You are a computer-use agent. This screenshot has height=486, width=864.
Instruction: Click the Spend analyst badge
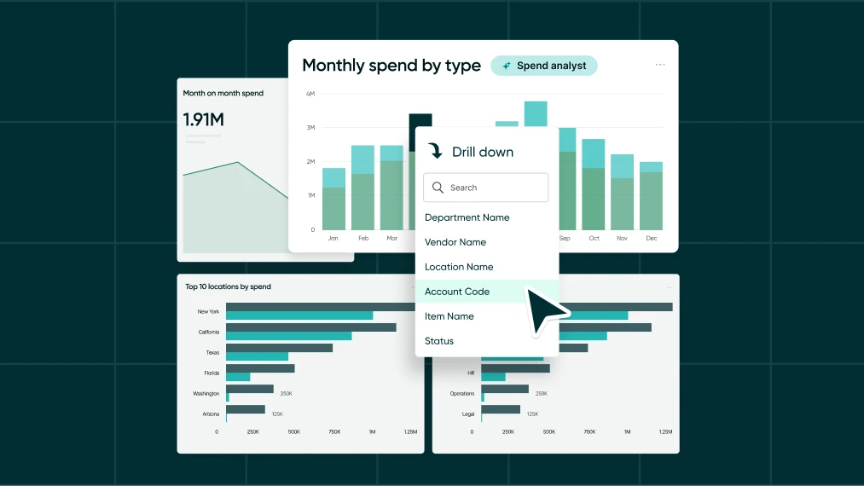(544, 66)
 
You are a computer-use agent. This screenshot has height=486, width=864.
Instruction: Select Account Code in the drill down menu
(457, 292)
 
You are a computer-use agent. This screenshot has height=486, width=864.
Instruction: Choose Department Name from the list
(467, 217)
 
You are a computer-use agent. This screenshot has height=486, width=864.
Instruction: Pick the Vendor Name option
(455, 242)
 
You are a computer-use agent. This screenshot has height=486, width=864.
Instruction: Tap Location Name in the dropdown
(459, 267)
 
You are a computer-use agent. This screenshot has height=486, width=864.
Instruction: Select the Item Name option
(449, 316)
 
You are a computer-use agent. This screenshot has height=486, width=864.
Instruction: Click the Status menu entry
(439, 341)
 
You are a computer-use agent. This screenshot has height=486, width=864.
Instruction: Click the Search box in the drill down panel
(485, 188)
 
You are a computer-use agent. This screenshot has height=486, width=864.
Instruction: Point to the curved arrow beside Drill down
(435, 151)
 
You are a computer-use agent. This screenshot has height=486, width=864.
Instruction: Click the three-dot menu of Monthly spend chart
(660, 65)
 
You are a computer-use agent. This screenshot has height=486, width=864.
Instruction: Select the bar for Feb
(362, 188)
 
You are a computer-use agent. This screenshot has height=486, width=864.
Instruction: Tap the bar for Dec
(651, 196)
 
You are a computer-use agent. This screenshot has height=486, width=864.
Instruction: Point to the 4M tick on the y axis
(310, 93)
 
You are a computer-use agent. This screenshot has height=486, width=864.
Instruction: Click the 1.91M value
(204, 119)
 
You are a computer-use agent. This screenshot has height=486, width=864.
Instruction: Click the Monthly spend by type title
(391, 66)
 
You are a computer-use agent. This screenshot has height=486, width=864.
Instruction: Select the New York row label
(208, 311)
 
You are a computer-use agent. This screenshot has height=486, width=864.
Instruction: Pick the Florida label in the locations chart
(212, 373)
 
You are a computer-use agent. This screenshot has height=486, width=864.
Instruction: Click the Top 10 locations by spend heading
(228, 286)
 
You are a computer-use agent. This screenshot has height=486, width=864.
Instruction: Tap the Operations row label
(461, 394)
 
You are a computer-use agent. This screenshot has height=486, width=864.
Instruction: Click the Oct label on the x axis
(594, 238)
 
